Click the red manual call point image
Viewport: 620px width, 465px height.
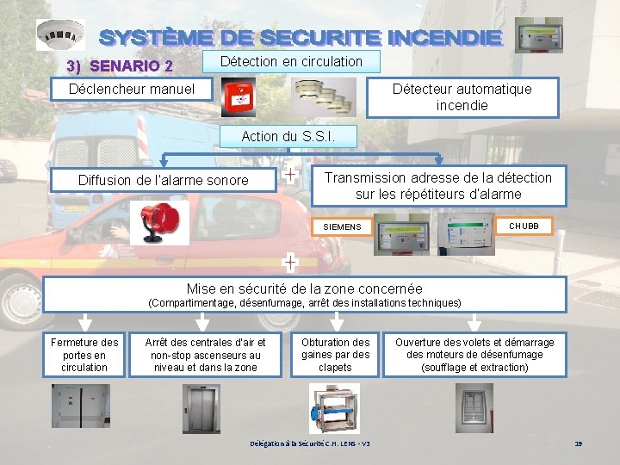(x=239, y=97)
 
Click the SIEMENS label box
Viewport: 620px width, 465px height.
(x=342, y=226)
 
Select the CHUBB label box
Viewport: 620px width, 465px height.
(x=524, y=226)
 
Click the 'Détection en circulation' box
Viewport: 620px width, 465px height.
(x=291, y=61)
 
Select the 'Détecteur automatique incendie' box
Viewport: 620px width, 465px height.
(x=462, y=96)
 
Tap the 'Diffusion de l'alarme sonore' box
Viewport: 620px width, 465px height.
(x=164, y=180)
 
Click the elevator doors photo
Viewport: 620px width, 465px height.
(x=202, y=408)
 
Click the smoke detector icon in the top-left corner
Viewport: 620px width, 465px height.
(x=60, y=35)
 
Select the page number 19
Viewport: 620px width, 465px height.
(x=578, y=443)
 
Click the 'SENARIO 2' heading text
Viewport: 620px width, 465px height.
(x=121, y=65)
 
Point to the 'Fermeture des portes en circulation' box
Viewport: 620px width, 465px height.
(x=84, y=355)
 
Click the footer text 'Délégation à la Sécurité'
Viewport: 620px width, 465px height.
(x=310, y=443)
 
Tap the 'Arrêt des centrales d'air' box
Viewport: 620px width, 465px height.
(x=205, y=355)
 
